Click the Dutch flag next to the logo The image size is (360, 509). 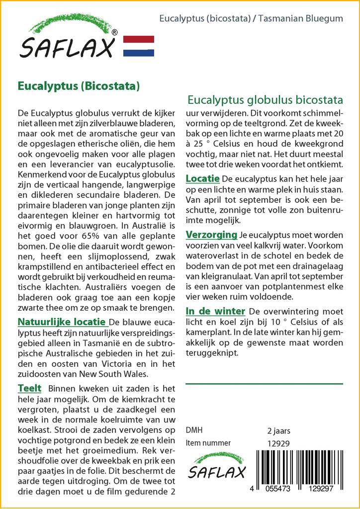click(138, 46)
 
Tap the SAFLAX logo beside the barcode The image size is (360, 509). click(215, 466)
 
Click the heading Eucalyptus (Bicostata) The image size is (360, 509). click(78, 85)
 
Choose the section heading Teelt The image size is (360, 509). click(29, 388)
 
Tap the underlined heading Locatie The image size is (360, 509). click(203, 178)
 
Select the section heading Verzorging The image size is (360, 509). click(211, 234)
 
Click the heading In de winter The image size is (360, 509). click(215, 311)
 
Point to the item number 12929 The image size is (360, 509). click(278, 443)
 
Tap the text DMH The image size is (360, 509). click(193, 430)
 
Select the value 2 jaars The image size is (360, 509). click(278, 430)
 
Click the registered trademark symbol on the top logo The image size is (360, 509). click(115, 33)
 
